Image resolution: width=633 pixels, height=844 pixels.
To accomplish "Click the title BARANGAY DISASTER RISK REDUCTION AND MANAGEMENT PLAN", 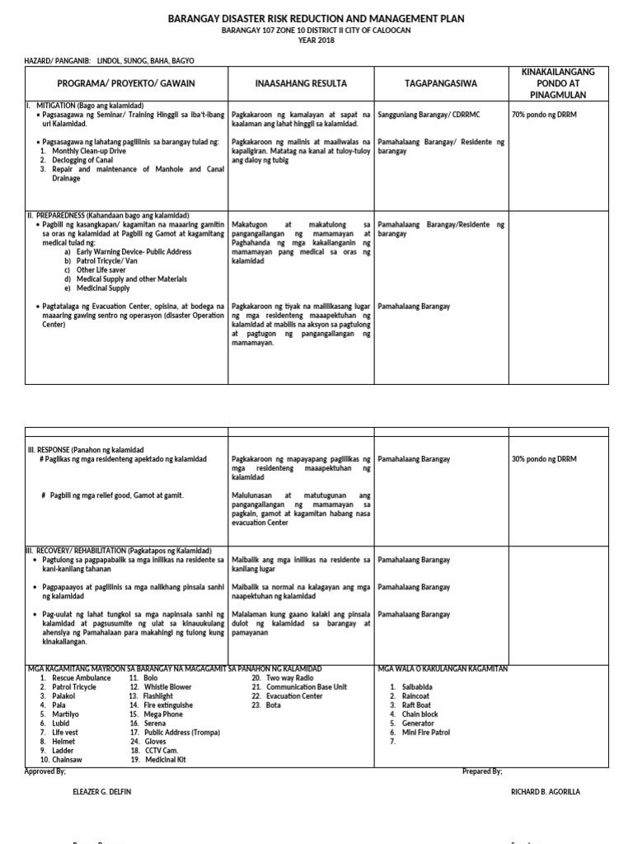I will (316, 17).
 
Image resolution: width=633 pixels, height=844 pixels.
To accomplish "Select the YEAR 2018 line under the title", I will (316, 41).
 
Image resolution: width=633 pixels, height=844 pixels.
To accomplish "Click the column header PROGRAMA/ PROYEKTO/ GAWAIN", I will (126, 84).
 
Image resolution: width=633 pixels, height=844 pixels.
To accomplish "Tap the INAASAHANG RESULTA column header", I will (301, 84).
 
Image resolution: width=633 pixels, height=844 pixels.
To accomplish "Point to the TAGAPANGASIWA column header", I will (441, 84).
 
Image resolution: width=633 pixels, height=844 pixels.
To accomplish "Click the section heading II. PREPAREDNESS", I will (107, 215).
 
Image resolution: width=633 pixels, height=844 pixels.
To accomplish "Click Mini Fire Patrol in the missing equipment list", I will (424, 733).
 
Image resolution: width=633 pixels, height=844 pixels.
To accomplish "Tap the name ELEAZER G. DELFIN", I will (102, 792).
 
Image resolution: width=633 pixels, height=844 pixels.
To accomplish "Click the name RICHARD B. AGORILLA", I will (546, 792).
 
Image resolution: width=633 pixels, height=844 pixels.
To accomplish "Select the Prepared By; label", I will (482, 771).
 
